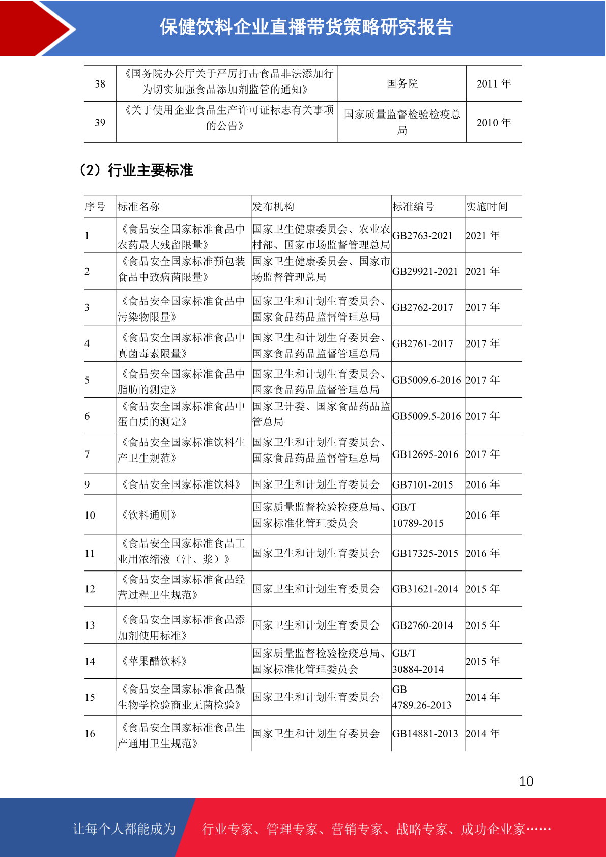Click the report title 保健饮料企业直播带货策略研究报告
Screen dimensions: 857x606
coord(306,27)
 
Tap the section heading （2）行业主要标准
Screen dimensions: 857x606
coord(136,170)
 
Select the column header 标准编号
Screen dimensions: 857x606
coord(413,206)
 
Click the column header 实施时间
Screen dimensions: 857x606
coord(486,206)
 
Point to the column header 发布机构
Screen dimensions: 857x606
coord(273,206)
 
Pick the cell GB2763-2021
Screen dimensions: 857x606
coord(422,236)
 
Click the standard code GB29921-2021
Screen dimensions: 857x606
coord(425,271)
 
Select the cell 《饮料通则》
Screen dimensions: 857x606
coord(149,515)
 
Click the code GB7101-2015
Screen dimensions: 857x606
coord(422,484)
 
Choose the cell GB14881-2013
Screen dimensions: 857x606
coord(425,733)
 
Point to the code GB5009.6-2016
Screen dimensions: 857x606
coord(426,380)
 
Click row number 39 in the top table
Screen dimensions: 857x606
coord(100,123)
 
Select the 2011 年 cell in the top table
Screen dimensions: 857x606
coord(494,83)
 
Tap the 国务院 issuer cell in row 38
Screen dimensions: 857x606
coord(402,83)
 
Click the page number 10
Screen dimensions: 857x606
coord(526,781)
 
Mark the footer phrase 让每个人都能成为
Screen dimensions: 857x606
coord(124,829)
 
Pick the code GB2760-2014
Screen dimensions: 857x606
coord(422,625)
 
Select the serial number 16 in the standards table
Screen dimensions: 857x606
coord(90,733)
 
